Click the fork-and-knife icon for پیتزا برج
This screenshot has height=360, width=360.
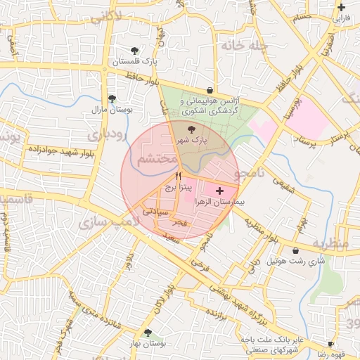(x=177, y=175)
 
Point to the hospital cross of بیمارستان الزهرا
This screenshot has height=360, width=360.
(x=220, y=191)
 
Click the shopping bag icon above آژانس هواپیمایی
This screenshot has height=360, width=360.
(x=211, y=90)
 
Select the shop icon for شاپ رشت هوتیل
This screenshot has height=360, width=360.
(x=295, y=250)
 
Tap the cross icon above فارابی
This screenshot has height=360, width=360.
(x=341, y=7)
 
